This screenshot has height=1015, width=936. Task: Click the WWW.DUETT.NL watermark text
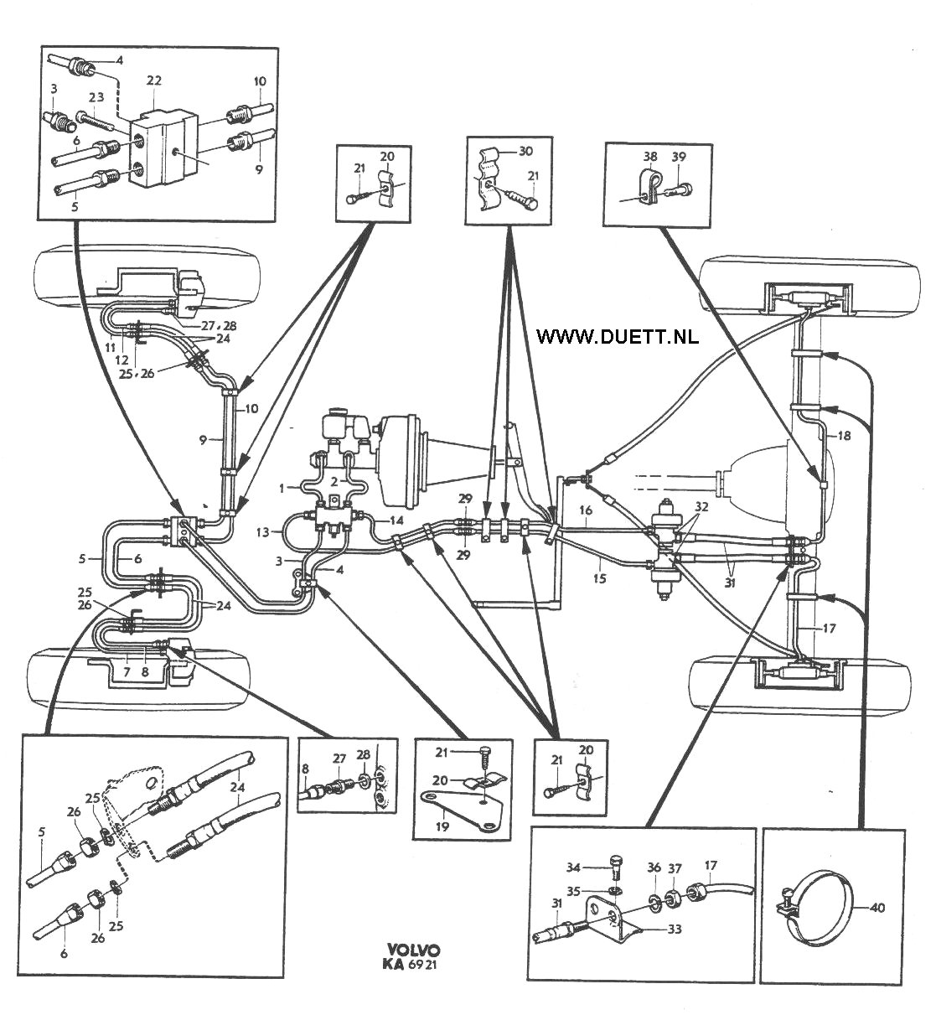(x=617, y=336)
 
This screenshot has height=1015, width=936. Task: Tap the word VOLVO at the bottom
(x=414, y=950)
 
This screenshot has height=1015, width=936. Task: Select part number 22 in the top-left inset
(x=153, y=80)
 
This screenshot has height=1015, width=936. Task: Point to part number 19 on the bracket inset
(x=443, y=826)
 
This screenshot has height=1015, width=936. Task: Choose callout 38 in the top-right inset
(x=651, y=156)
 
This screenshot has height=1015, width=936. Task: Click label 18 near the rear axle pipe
(x=843, y=436)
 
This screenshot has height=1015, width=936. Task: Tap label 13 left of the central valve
(x=262, y=531)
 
